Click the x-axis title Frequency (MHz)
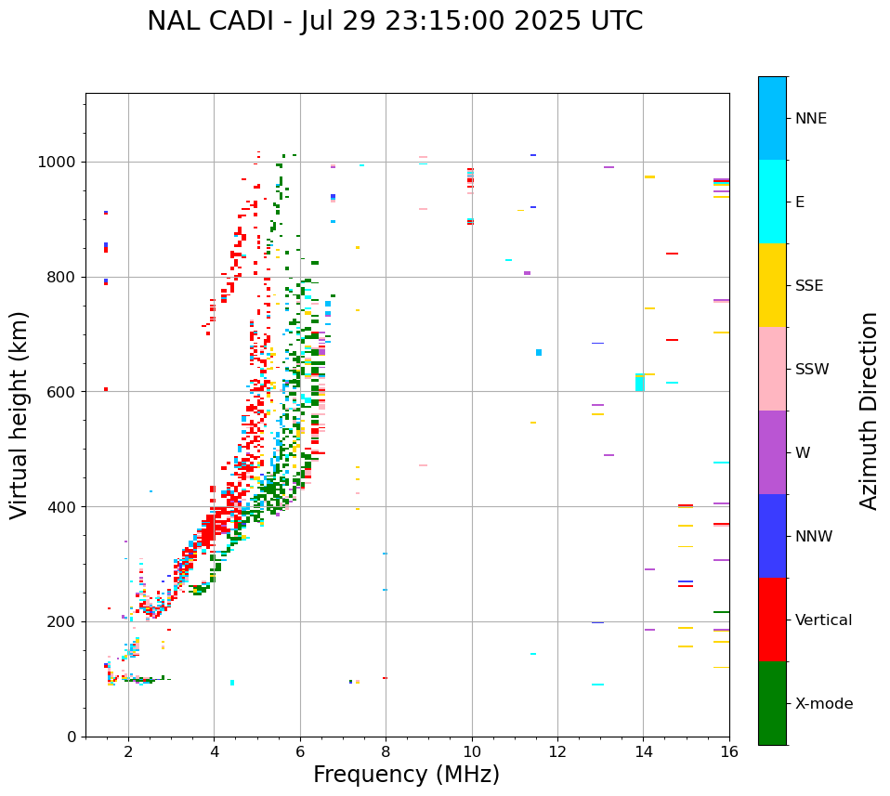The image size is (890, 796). click(406, 775)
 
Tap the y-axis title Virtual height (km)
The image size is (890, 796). click(20, 415)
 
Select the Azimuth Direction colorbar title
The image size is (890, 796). click(869, 411)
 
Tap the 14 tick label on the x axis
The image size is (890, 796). click(643, 752)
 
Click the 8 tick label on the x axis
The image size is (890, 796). click(386, 752)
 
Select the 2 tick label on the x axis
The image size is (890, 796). click(128, 752)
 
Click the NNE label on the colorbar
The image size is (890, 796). click(810, 119)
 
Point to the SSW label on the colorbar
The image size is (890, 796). click(812, 370)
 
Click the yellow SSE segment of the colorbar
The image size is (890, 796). click(772, 285)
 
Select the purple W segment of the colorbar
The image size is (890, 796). click(772, 452)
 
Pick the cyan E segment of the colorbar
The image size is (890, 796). click(772, 202)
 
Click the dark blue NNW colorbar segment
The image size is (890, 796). click(772, 536)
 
